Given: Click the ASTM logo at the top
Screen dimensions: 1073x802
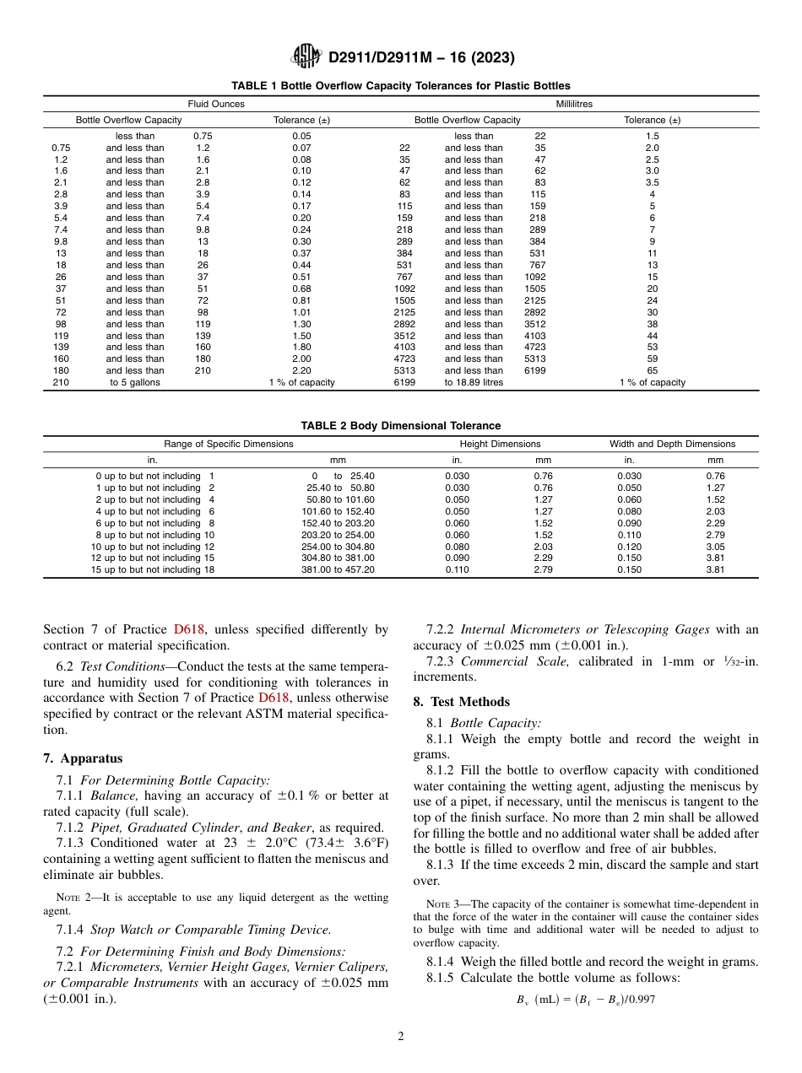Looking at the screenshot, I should pyautogui.click(x=306, y=57).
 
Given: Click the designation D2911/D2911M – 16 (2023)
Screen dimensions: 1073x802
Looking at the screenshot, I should pyautogui.click(x=421, y=57).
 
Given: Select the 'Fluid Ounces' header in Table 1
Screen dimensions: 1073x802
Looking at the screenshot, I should pyautogui.click(x=216, y=104).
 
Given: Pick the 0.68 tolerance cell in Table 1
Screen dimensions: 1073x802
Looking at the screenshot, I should pyautogui.click(x=301, y=288).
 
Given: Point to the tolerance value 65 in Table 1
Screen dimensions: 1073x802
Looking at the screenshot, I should pyautogui.click(x=652, y=370).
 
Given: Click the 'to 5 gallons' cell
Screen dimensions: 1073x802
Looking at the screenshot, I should pyautogui.click(x=135, y=382).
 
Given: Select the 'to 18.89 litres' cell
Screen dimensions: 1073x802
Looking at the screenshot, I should pyautogui.click(x=474, y=382).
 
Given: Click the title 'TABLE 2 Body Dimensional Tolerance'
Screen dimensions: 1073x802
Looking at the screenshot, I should pyautogui.click(x=400, y=426).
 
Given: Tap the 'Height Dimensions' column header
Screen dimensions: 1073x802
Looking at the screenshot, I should pyautogui.click(x=500, y=444).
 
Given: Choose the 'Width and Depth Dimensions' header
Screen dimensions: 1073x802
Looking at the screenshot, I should pyautogui.click(x=672, y=444).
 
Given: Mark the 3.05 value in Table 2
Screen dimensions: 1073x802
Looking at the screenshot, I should pyautogui.click(x=715, y=547).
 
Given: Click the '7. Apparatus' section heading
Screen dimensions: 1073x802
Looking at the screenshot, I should pyautogui.click(x=83, y=758).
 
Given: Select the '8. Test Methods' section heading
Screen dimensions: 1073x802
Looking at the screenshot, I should pyautogui.click(x=461, y=702).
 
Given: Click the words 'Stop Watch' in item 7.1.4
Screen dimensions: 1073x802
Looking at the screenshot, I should pyautogui.click(x=120, y=930).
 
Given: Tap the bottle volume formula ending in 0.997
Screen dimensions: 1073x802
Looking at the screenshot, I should pyautogui.click(x=586, y=1000).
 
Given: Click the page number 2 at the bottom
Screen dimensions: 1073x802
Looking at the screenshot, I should pyautogui.click(x=401, y=1037).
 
